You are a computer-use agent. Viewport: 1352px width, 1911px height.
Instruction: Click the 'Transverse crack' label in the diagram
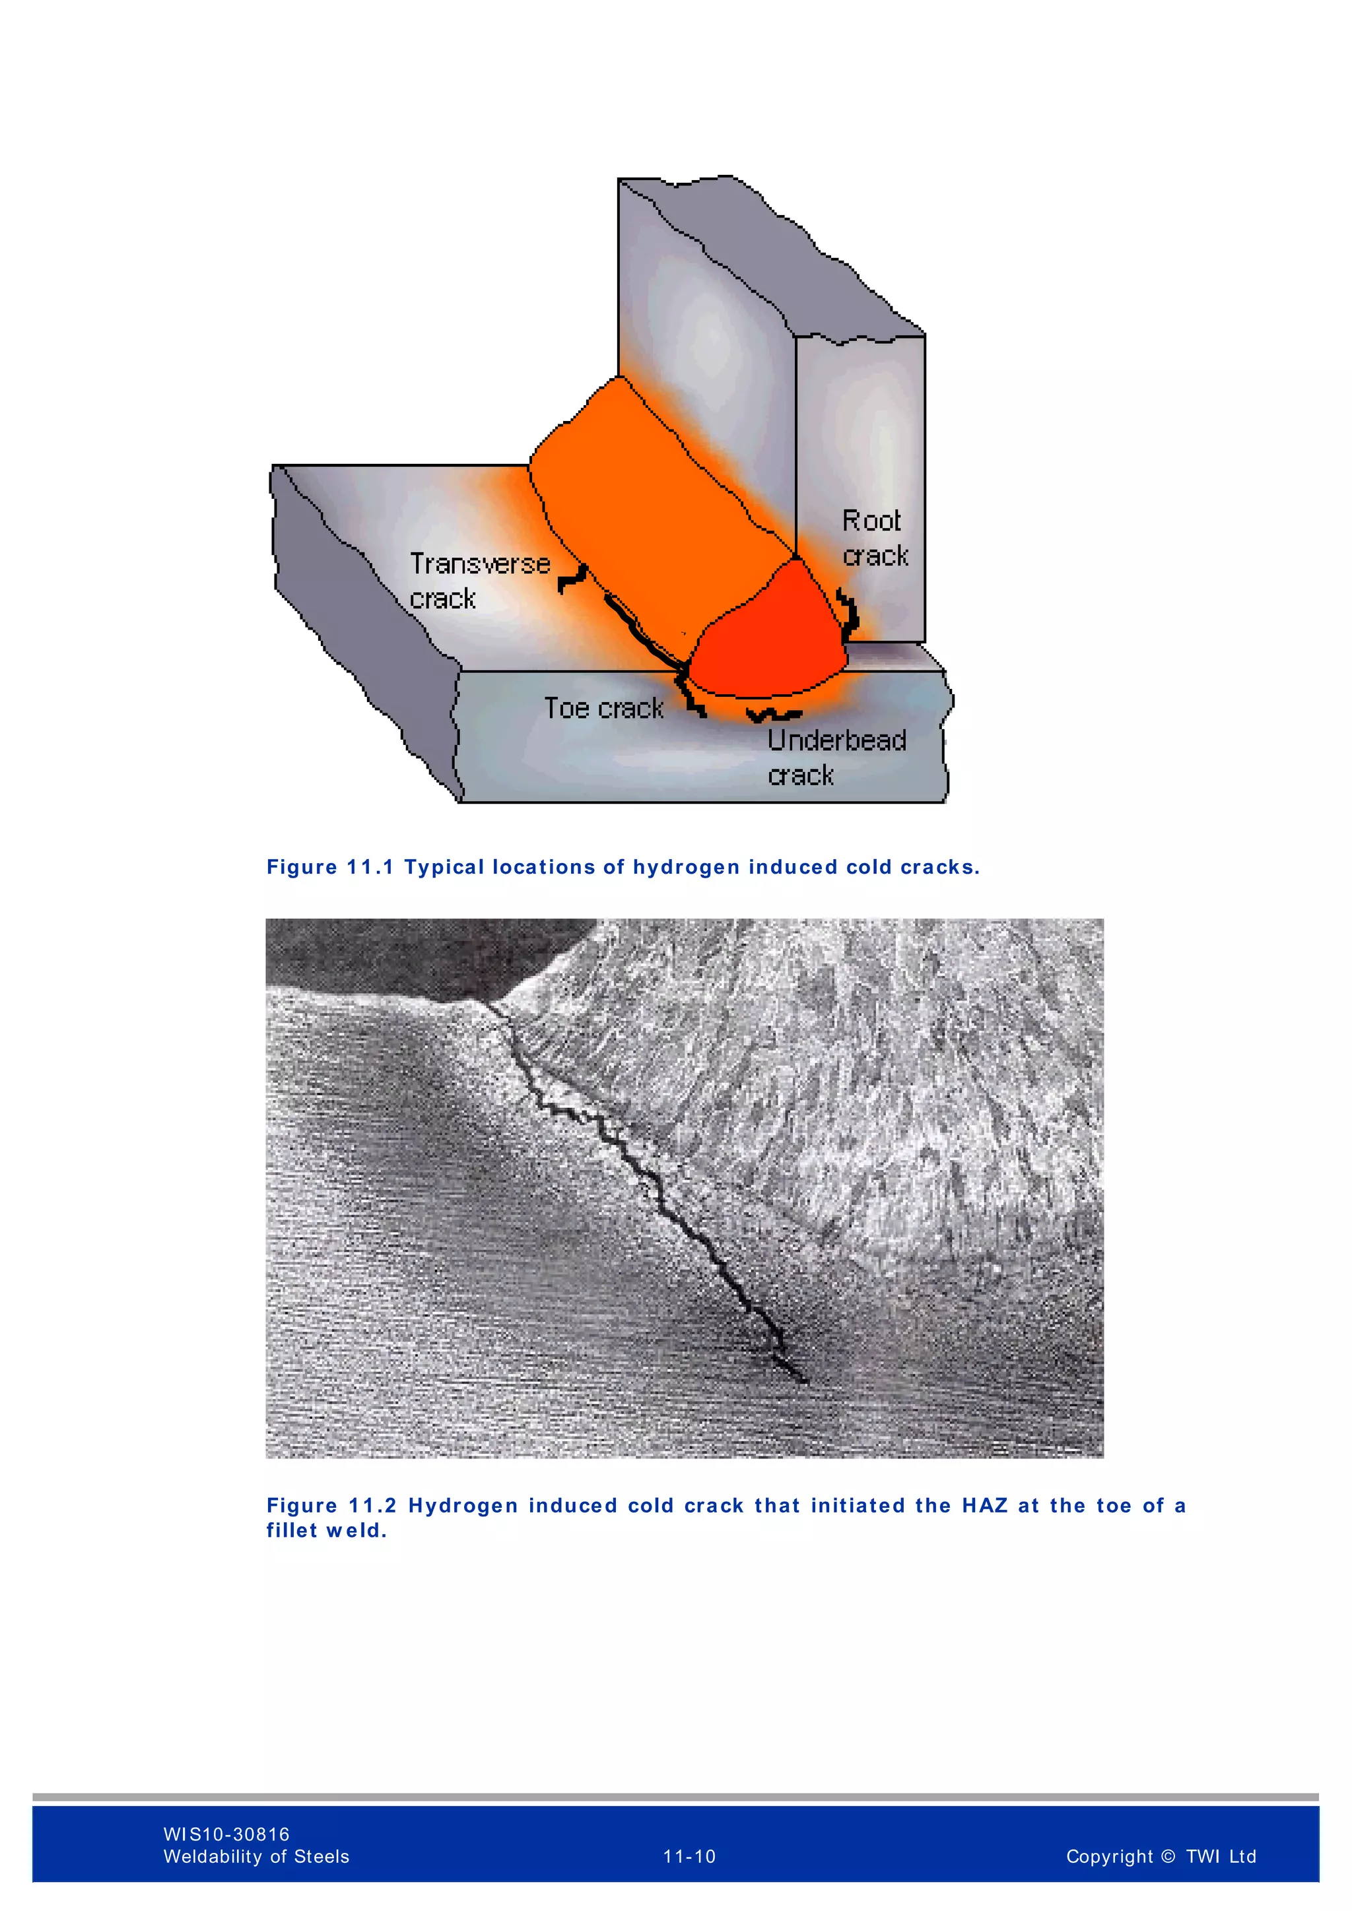point(479,580)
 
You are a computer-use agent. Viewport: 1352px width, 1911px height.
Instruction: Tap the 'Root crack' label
point(874,538)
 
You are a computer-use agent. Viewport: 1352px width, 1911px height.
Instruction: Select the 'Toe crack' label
point(603,708)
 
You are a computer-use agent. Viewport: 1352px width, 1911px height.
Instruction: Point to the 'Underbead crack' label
point(835,757)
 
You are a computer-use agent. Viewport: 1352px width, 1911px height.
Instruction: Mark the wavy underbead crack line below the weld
point(774,714)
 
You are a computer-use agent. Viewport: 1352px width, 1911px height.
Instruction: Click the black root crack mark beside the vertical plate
point(849,614)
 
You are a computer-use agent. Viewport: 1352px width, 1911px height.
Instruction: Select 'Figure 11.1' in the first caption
point(329,867)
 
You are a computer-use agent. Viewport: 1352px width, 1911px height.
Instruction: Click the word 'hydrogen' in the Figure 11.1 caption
point(686,867)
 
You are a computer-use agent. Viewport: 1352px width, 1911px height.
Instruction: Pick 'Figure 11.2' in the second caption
point(331,1506)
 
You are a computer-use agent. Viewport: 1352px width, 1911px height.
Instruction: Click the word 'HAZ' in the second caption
point(985,1506)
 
